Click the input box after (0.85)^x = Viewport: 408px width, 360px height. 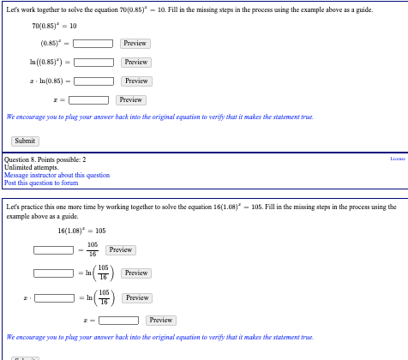tap(93, 43)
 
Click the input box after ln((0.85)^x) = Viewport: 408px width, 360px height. tap(93, 62)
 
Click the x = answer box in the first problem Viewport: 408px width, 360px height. tap(89, 99)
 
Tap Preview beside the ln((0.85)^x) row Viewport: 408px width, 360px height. tap(135, 62)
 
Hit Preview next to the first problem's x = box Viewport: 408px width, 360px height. tap(130, 99)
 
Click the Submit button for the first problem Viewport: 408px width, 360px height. tap(25, 141)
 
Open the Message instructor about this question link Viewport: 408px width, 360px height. tap(57, 175)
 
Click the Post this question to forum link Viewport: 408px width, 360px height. tap(41, 183)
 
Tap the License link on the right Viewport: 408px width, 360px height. tap(397, 159)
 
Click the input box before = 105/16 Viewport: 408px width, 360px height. tap(53, 250)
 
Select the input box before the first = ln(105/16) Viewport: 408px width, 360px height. tap(53, 273)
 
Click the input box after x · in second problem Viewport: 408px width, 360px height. tap(53, 298)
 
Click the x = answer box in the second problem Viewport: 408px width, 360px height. tap(118, 321)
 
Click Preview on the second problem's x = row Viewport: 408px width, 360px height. tap(160, 321)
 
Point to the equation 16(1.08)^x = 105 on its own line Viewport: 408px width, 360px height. tap(81, 230)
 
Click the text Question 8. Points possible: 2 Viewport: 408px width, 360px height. tap(45, 159)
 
